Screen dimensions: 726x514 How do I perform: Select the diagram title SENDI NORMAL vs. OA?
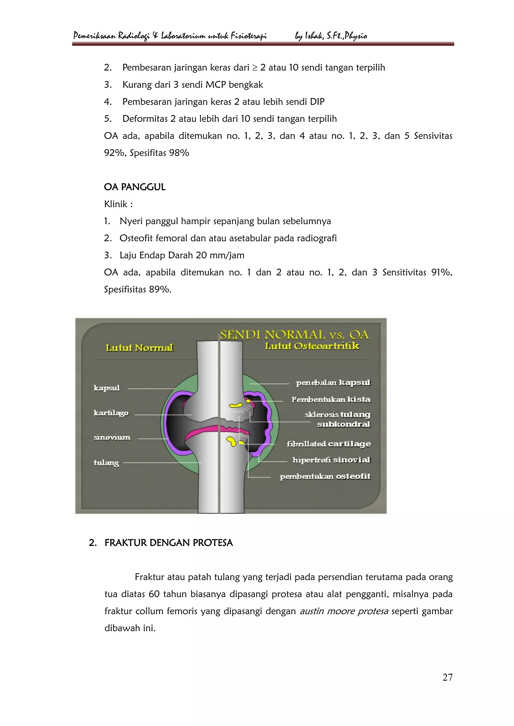(x=294, y=335)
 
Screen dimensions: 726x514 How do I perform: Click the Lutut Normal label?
(x=139, y=348)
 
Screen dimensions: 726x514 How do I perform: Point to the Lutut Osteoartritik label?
(x=312, y=346)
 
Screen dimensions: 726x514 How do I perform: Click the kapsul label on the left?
(x=107, y=388)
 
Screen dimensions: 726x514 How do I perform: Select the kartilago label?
(x=111, y=413)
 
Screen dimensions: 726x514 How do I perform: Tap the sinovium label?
(x=112, y=438)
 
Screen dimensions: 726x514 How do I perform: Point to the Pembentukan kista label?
(x=331, y=399)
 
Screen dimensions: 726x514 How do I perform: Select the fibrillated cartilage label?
(x=329, y=444)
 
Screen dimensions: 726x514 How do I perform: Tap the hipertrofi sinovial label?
(x=331, y=460)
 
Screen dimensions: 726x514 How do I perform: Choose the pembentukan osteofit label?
(x=325, y=477)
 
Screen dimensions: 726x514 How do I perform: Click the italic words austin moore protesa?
(x=344, y=611)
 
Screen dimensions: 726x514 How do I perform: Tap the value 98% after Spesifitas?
(x=179, y=153)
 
